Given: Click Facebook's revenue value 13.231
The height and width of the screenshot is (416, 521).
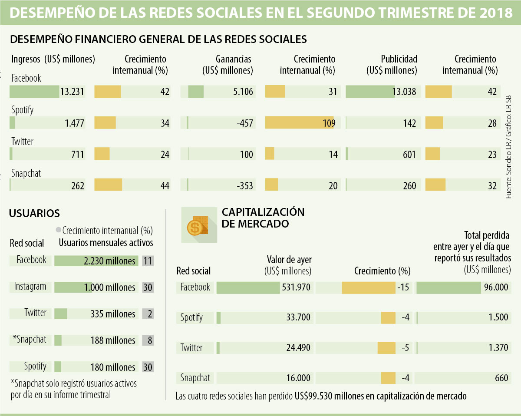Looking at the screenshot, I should (72, 92).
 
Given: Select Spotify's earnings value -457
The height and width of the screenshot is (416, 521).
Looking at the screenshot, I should (245, 123).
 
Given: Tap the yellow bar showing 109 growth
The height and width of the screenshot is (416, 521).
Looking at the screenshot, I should (300, 123).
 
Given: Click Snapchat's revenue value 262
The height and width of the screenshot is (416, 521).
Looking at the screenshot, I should (78, 186).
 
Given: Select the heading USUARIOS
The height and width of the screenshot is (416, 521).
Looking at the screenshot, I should (34, 213).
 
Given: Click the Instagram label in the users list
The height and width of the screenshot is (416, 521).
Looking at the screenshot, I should (30, 287).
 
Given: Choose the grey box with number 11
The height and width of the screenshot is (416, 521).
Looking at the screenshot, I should (148, 261).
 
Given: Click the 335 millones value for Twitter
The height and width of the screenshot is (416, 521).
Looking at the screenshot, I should (113, 314).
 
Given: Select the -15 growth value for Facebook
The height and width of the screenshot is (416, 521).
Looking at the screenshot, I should (403, 287).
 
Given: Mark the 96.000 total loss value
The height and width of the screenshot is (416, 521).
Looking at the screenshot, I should (496, 287).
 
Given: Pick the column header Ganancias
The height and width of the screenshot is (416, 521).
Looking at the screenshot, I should (234, 59).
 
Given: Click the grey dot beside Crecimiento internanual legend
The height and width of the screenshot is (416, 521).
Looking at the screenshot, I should (58, 230).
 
